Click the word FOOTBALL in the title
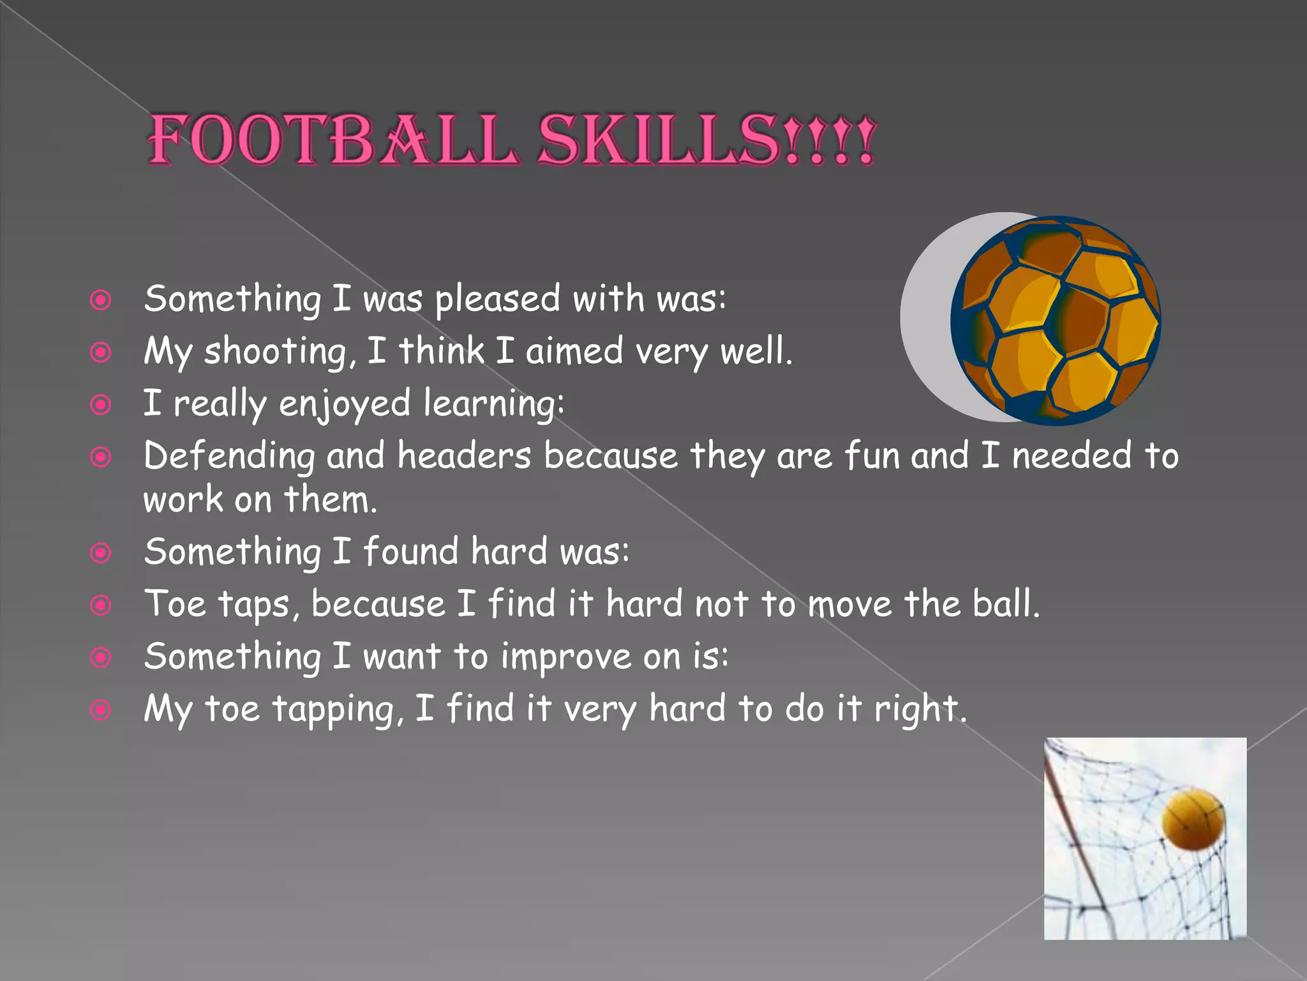332,141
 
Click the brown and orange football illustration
1056,321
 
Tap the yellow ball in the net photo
1193,820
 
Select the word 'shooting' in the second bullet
276,352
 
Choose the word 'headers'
464,456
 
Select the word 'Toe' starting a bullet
176,604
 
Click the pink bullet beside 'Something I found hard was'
101,552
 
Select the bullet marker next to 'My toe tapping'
101,710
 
